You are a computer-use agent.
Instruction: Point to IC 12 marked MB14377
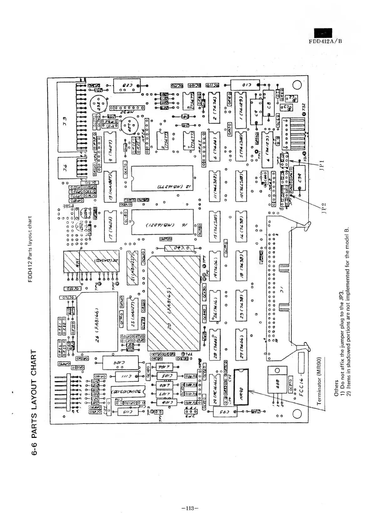(x=162, y=178)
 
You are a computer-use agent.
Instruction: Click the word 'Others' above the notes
(x=336, y=388)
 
